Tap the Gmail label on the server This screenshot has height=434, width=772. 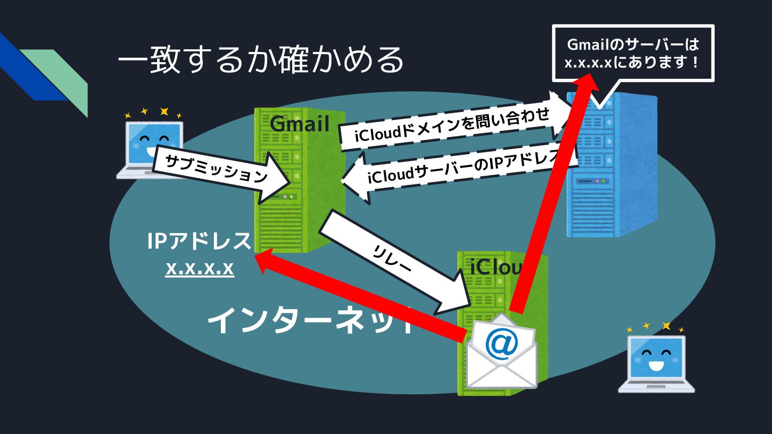(299, 124)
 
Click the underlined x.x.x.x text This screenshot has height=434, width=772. (199, 268)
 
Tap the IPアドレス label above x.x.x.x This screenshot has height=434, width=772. (199, 242)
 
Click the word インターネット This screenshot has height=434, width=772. (311, 321)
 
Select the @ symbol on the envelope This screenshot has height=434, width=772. (502, 343)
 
